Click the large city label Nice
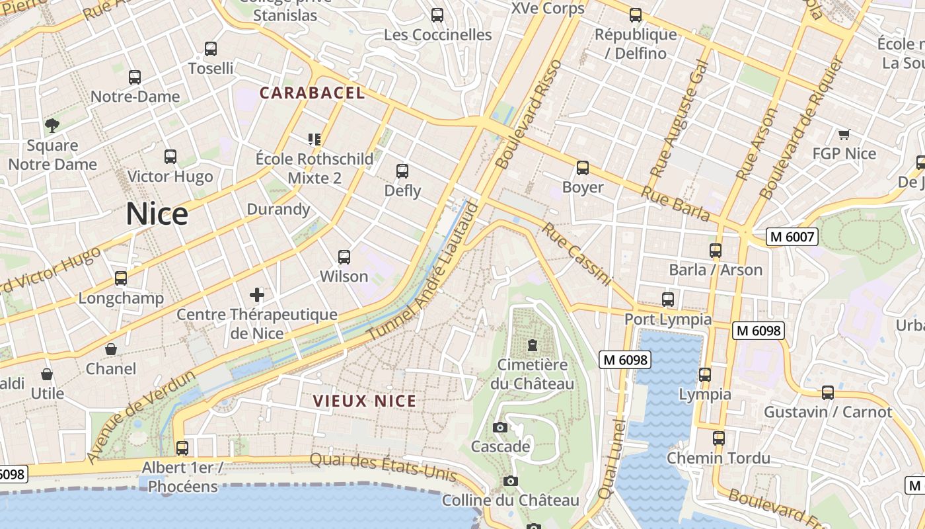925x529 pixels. [157, 214]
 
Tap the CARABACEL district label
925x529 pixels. [312, 93]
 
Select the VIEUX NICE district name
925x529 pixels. [365, 401]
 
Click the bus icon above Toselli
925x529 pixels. [211, 49]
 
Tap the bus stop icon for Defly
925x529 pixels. [402, 171]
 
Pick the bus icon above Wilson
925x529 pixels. [344, 257]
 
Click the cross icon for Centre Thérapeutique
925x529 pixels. [257, 295]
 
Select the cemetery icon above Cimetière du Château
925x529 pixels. [532, 345]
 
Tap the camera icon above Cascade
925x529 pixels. [500, 428]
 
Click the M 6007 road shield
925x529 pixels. [792, 237]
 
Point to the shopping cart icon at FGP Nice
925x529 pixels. [844, 135]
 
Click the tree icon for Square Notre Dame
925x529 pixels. [52, 125]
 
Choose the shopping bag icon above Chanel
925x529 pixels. [111, 349]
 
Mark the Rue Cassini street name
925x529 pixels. [576, 255]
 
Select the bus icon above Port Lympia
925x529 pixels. [668, 300]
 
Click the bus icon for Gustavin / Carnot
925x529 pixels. [828, 393]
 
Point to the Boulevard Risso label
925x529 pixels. [529, 114]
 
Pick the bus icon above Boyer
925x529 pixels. [583, 168]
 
